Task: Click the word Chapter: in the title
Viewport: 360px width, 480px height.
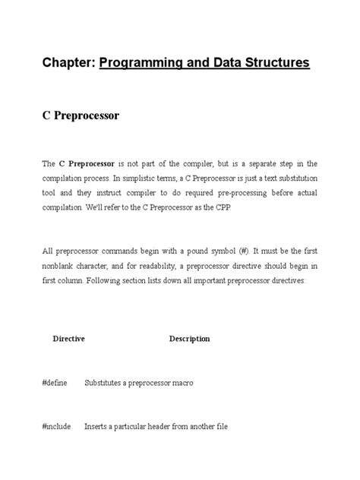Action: [x=68, y=62]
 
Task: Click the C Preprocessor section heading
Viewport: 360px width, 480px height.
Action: [x=81, y=117]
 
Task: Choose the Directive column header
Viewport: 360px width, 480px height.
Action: [x=68, y=339]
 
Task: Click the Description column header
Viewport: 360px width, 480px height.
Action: [x=189, y=339]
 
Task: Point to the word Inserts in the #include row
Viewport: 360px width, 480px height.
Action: [x=96, y=427]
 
